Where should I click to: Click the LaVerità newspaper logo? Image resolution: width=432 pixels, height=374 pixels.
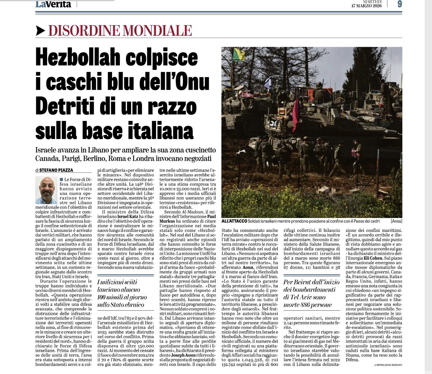tap(53, 4)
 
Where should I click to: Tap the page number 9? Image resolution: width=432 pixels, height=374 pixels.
tap(400, 4)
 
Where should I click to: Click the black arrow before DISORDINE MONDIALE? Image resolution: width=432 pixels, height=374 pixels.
tap(41, 30)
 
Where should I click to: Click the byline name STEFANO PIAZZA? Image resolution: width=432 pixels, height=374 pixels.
tap(56, 170)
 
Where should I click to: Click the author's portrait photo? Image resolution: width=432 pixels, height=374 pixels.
tap(47, 190)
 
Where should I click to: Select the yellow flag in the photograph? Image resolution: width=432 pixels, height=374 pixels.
tap(239, 54)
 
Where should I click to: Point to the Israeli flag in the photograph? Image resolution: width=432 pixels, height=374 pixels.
tap(268, 83)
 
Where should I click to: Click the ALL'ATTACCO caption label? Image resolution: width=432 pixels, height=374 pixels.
tap(234, 221)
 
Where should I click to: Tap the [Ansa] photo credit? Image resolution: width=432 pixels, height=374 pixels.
tap(396, 221)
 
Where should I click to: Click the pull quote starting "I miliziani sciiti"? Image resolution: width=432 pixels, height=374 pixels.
tap(122, 293)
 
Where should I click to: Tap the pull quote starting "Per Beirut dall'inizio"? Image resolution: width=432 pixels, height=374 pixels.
tap(311, 293)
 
